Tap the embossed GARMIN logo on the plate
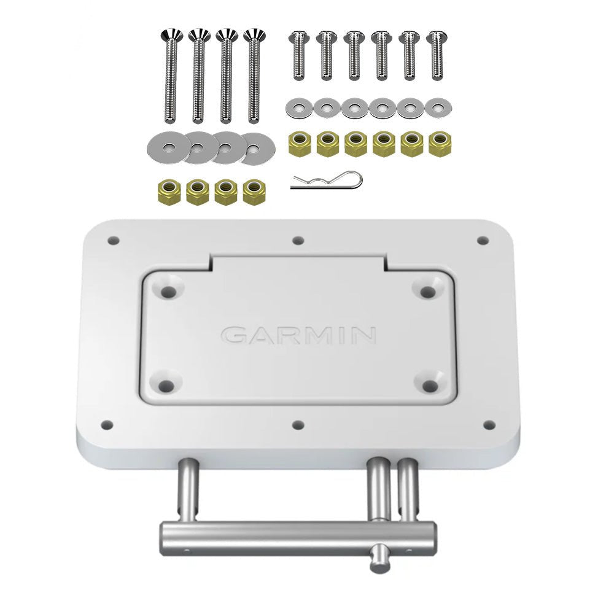[x=298, y=335]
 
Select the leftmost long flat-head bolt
[x=171, y=77]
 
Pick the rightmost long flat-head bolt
[x=253, y=77]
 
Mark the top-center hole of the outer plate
[x=298, y=241]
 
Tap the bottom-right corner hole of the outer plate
[x=489, y=424]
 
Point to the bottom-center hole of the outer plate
[x=298, y=424]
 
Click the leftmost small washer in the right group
[x=297, y=108]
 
